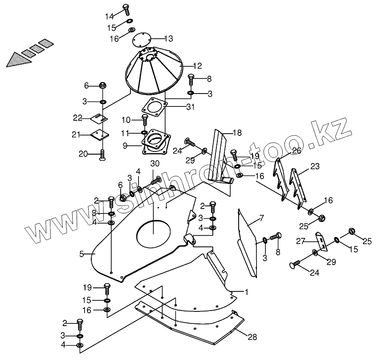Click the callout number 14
(110, 16)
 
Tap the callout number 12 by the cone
(197, 66)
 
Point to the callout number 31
(178, 106)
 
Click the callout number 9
(126, 145)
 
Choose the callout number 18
(237, 132)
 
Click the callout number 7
(262, 218)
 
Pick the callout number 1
(247, 292)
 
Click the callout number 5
(81, 254)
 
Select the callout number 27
(300, 241)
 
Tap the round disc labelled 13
(143, 41)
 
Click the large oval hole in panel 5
(153, 234)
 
